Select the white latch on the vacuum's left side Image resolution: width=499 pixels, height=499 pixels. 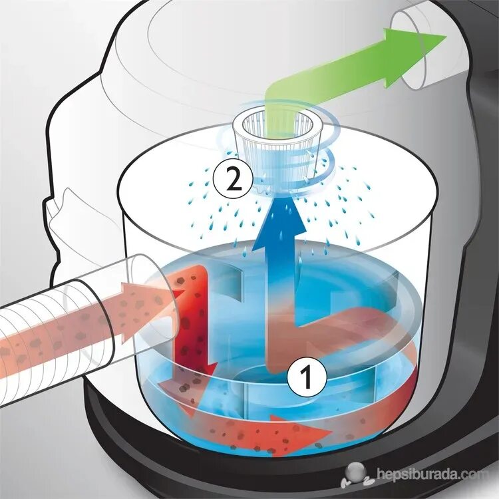coord(63,206)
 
